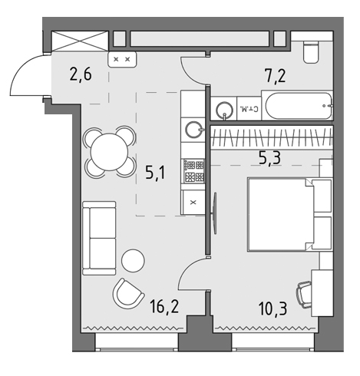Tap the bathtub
point(297,106)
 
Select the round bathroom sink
point(224,110)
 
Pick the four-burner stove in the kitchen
point(192,170)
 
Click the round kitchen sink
point(193,128)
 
